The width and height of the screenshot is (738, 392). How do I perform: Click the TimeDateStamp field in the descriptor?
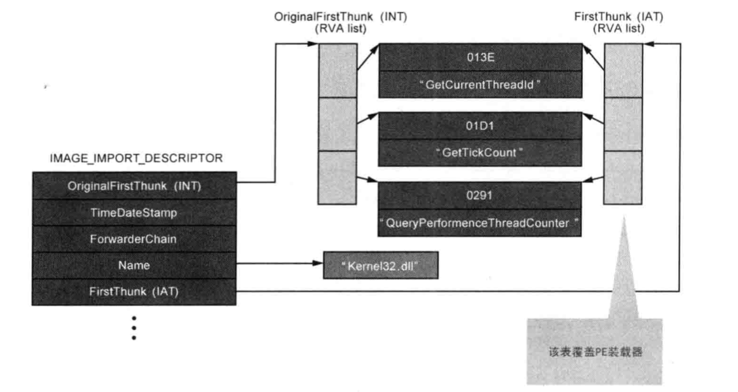click(x=134, y=212)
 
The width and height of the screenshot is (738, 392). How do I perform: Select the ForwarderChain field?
click(x=134, y=239)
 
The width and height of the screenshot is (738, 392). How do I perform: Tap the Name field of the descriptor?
click(x=134, y=266)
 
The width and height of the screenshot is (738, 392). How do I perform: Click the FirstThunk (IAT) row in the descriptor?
click(x=134, y=292)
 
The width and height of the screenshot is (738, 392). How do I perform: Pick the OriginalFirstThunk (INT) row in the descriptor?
click(x=134, y=186)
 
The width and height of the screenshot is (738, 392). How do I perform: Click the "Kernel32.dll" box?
click(x=381, y=266)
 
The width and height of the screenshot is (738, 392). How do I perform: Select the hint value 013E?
click(x=480, y=57)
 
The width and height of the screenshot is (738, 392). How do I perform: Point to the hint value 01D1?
click(x=480, y=126)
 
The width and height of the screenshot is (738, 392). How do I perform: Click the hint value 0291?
click(x=480, y=196)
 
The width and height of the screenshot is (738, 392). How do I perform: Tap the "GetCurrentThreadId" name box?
click(x=480, y=85)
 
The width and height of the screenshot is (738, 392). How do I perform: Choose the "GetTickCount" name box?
click(x=480, y=153)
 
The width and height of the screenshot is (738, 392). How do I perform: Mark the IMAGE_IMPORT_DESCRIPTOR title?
click(x=136, y=159)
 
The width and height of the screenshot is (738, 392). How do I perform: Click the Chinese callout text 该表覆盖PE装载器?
click(x=595, y=352)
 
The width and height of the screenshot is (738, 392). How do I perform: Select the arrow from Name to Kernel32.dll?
click(x=280, y=264)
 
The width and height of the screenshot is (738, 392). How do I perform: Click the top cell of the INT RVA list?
click(x=337, y=70)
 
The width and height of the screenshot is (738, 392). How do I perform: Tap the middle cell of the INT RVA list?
click(x=337, y=124)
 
